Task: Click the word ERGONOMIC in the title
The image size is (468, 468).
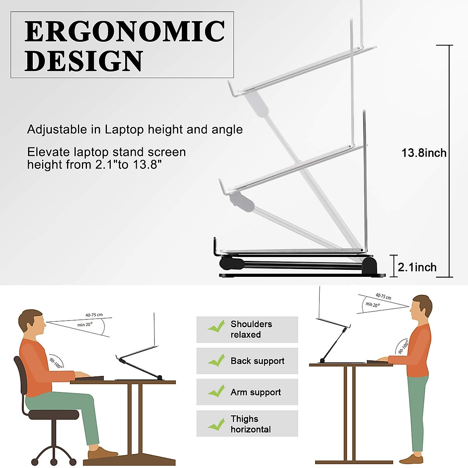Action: (125, 32)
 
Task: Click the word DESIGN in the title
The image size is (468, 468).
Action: (84, 61)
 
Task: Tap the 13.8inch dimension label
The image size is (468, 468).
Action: (424, 153)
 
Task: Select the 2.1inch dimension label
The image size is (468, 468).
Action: (417, 267)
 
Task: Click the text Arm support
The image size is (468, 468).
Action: (255, 392)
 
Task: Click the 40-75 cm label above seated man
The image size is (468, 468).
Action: (94, 315)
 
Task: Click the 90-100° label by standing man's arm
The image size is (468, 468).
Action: (402, 347)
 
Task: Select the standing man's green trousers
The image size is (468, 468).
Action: (417, 413)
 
